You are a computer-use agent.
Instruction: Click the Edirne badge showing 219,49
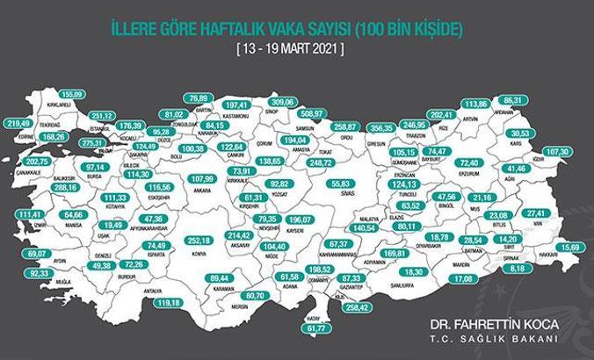(18, 124)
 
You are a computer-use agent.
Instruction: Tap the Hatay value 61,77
(314, 328)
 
